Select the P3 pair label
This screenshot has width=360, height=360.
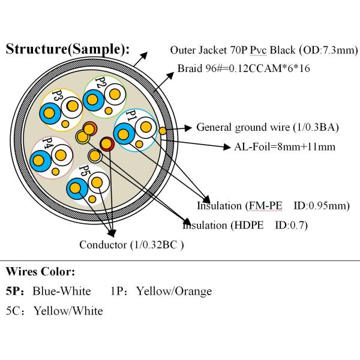pos(58,96)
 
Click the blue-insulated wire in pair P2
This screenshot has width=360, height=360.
pos(93,100)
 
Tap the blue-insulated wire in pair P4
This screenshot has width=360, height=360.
pos(41,160)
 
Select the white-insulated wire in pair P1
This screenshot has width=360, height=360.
pos(145,127)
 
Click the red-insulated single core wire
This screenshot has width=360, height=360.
pos(107,143)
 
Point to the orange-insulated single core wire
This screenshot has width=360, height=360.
pos(89,128)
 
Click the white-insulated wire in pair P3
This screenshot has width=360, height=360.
pos(72,106)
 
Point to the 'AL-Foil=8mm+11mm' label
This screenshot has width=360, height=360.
pos(284,146)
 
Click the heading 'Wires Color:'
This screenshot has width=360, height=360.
pos(40,272)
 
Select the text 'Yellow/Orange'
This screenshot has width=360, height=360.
pos(174,292)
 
